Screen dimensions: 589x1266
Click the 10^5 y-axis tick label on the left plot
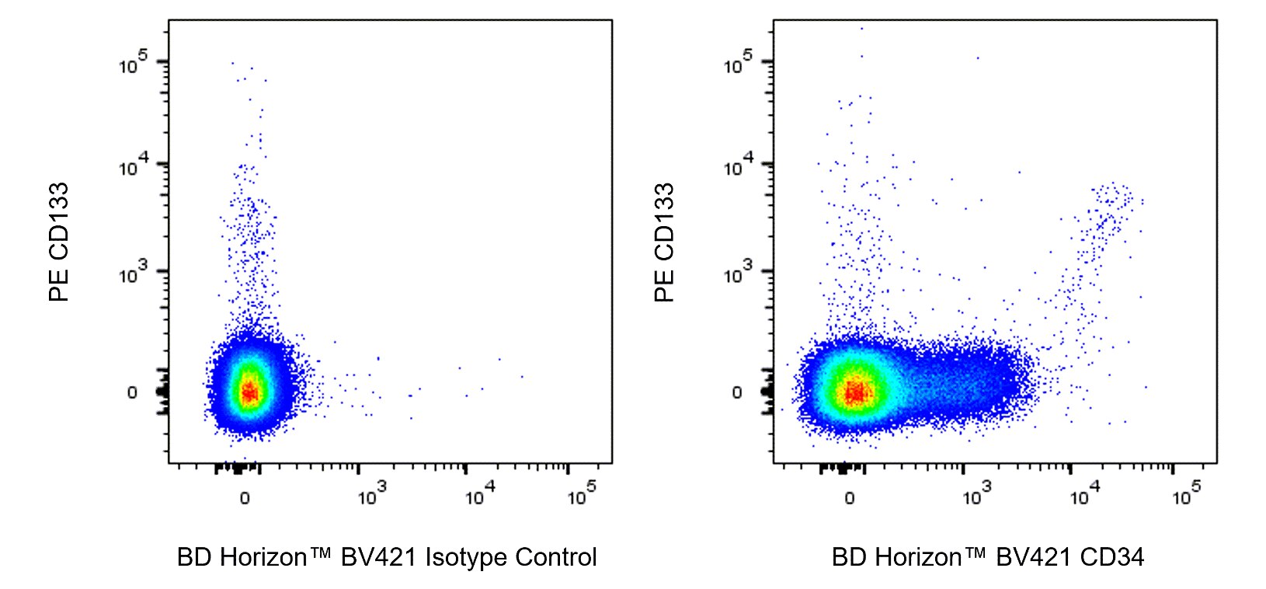(x=133, y=64)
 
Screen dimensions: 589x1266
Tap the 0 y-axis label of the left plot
(x=132, y=392)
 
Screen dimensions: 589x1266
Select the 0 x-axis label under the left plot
(x=245, y=497)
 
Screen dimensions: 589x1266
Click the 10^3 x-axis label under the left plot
(x=372, y=494)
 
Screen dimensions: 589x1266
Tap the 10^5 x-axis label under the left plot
(x=582, y=494)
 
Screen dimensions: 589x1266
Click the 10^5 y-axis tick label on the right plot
(x=738, y=64)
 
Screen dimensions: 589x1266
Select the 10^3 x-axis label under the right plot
(x=977, y=494)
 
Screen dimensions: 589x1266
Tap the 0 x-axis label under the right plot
(x=850, y=497)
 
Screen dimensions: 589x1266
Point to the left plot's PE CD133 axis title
(x=59, y=242)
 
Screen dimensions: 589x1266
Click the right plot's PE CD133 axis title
(x=664, y=242)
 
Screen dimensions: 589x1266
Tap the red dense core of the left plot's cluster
(x=249, y=392)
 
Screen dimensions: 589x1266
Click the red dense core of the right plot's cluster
(x=854, y=393)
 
